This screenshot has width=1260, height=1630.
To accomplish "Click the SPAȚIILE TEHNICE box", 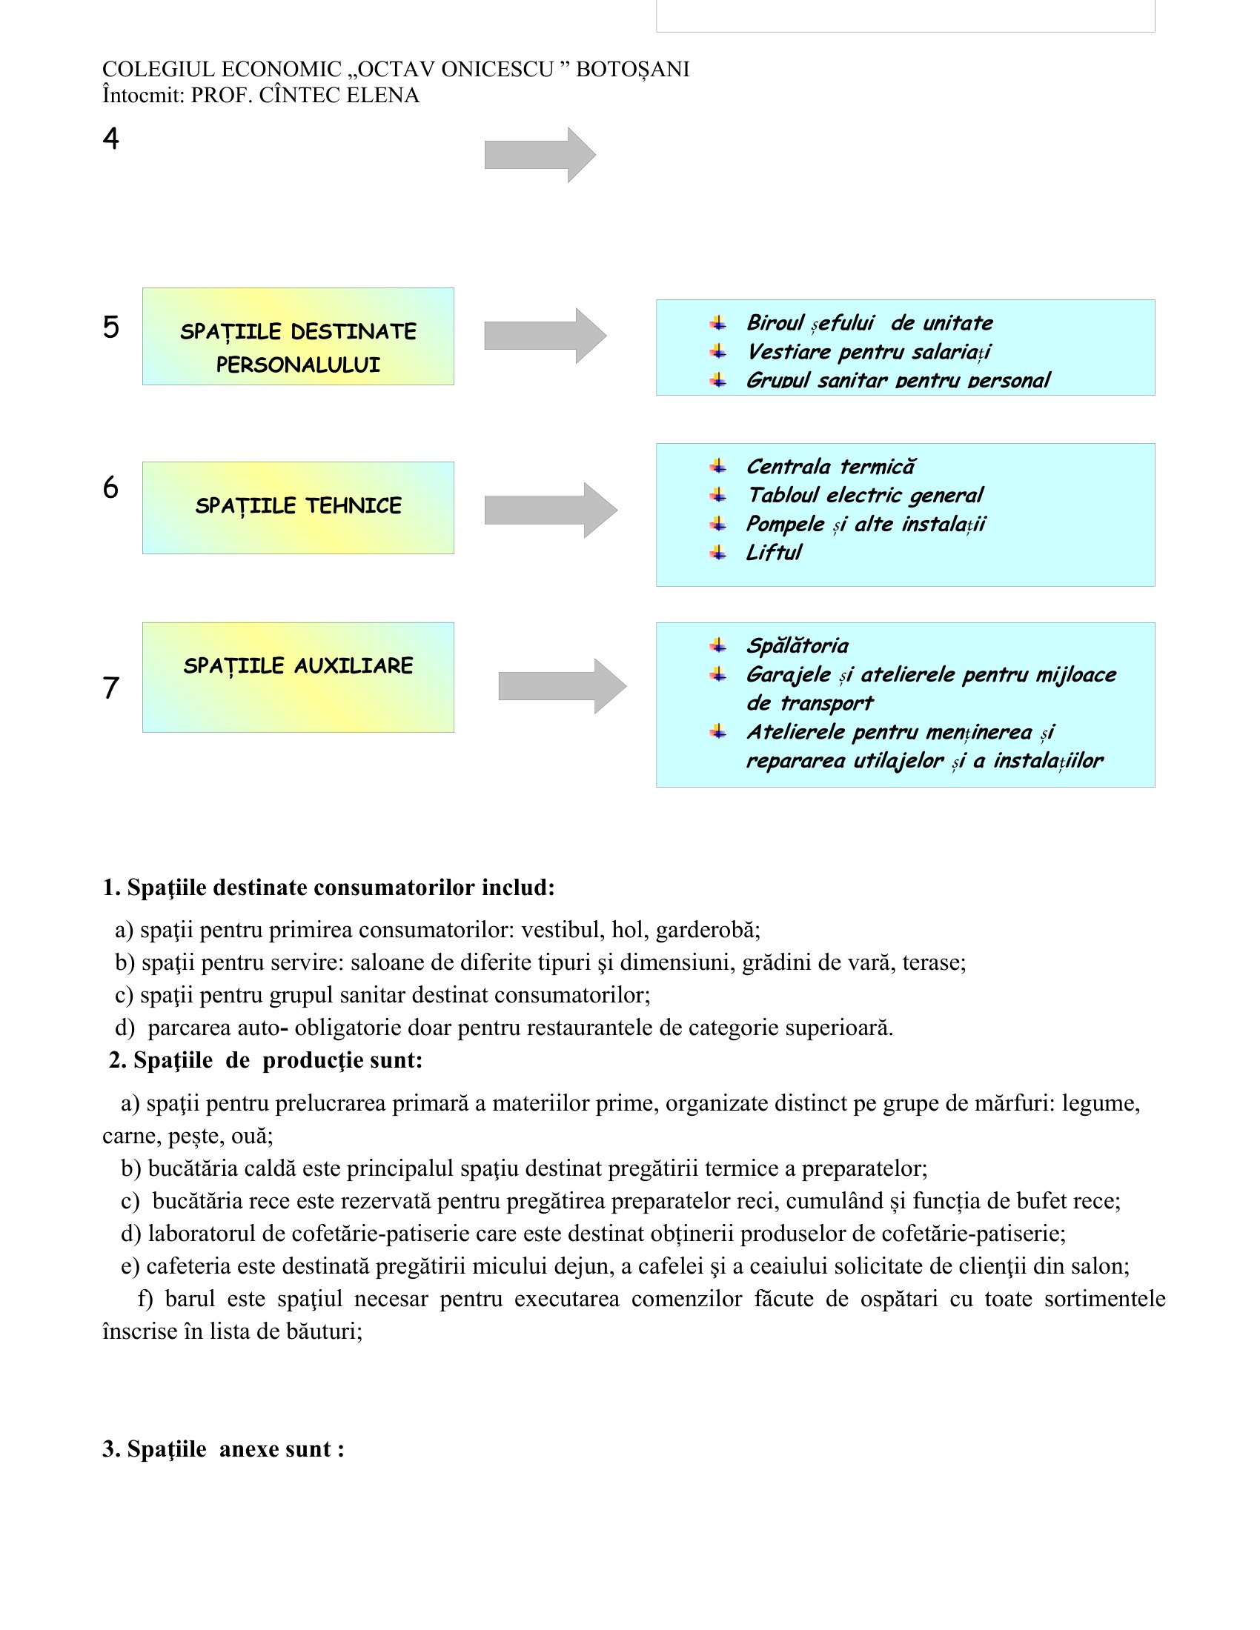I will [x=298, y=508].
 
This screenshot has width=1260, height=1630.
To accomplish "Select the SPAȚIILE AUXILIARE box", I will [x=298, y=677].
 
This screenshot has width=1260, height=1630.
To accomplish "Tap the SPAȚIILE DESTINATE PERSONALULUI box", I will [x=298, y=336].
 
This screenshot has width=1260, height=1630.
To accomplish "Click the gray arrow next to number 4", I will [x=540, y=155].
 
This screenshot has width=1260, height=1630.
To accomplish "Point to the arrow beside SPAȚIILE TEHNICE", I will [x=550, y=510].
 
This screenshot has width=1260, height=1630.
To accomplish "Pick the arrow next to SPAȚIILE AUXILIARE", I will [x=561, y=686].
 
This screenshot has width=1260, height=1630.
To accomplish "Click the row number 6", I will [x=110, y=488].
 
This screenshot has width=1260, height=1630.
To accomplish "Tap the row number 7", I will [x=110, y=688].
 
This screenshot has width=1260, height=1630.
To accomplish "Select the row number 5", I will [x=110, y=327].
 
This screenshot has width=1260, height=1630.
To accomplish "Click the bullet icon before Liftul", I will [x=718, y=552].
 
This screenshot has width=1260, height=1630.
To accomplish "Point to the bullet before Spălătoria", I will [x=718, y=645].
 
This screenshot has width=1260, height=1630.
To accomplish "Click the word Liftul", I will [x=774, y=553].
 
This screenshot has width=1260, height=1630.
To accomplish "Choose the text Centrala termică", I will [x=830, y=468].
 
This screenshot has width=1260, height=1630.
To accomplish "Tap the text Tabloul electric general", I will [x=865, y=496].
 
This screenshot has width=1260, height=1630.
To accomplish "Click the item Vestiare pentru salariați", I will [x=869, y=352].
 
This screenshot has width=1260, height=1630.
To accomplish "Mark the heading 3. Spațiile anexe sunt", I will [x=223, y=1448].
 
